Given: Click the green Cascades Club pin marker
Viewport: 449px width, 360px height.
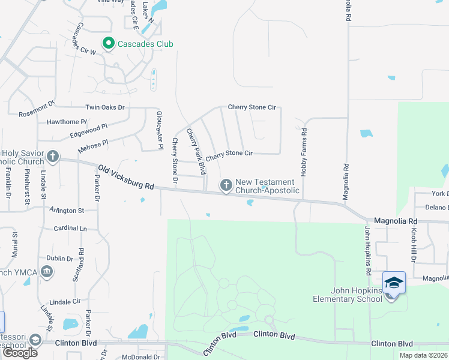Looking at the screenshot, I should click(x=109, y=43).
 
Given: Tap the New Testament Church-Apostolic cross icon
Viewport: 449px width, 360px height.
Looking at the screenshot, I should click(x=226, y=186).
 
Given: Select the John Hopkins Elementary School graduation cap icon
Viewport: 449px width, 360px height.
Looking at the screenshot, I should click(x=394, y=282).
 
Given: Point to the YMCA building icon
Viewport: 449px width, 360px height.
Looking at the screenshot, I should click(x=47, y=273).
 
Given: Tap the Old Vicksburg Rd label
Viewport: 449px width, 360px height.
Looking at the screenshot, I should click(x=127, y=178).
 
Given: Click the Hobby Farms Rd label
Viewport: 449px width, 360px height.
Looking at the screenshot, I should click(x=304, y=152).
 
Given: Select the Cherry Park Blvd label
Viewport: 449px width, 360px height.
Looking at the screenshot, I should click(x=196, y=146).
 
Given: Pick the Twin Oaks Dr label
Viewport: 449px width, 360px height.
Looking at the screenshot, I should click(x=104, y=107).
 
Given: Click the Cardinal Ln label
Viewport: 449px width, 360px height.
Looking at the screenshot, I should click(x=70, y=229).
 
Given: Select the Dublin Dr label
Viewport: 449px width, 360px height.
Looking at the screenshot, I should click(x=59, y=259).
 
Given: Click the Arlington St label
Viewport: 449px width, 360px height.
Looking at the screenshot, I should click(x=67, y=211).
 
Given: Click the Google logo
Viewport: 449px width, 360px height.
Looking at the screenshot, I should click(x=20, y=353).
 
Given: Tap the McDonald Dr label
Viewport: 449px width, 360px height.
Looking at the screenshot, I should click(x=140, y=357).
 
